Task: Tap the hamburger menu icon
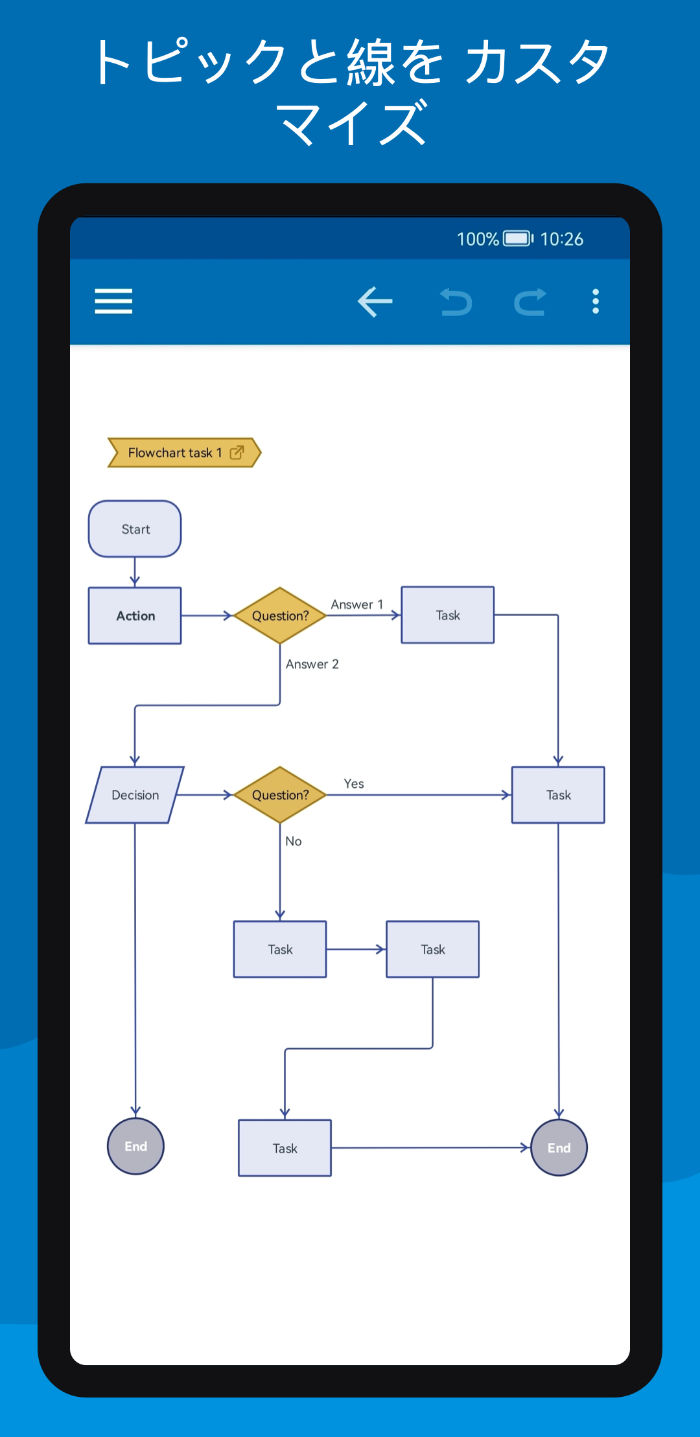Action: pos(113,301)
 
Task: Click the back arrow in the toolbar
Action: pos(375,302)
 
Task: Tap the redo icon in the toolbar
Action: pos(530,302)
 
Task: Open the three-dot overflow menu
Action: pos(596,301)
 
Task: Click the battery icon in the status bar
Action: pos(519,238)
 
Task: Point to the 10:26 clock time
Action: pos(562,239)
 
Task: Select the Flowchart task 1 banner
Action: pos(184,452)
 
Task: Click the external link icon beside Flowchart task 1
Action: pos(237,452)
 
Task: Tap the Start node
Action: pos(135,529)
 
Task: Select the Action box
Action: pos(135,615)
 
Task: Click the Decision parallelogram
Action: pos(135,795)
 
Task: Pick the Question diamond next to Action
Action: pos(280,615)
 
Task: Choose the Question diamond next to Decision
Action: pos(280,795)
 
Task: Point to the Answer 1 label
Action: pos(357,604)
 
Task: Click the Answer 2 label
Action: pos(312,664)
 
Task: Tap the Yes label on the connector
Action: pos(354,784)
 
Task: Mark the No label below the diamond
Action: pos(294,841)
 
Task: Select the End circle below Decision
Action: pos(135,1146)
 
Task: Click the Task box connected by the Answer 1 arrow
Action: pos(448,615)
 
